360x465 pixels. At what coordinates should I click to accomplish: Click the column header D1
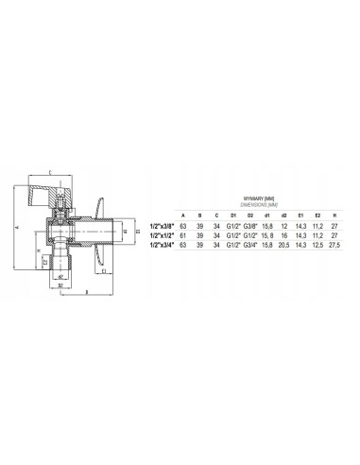point(233,215)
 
